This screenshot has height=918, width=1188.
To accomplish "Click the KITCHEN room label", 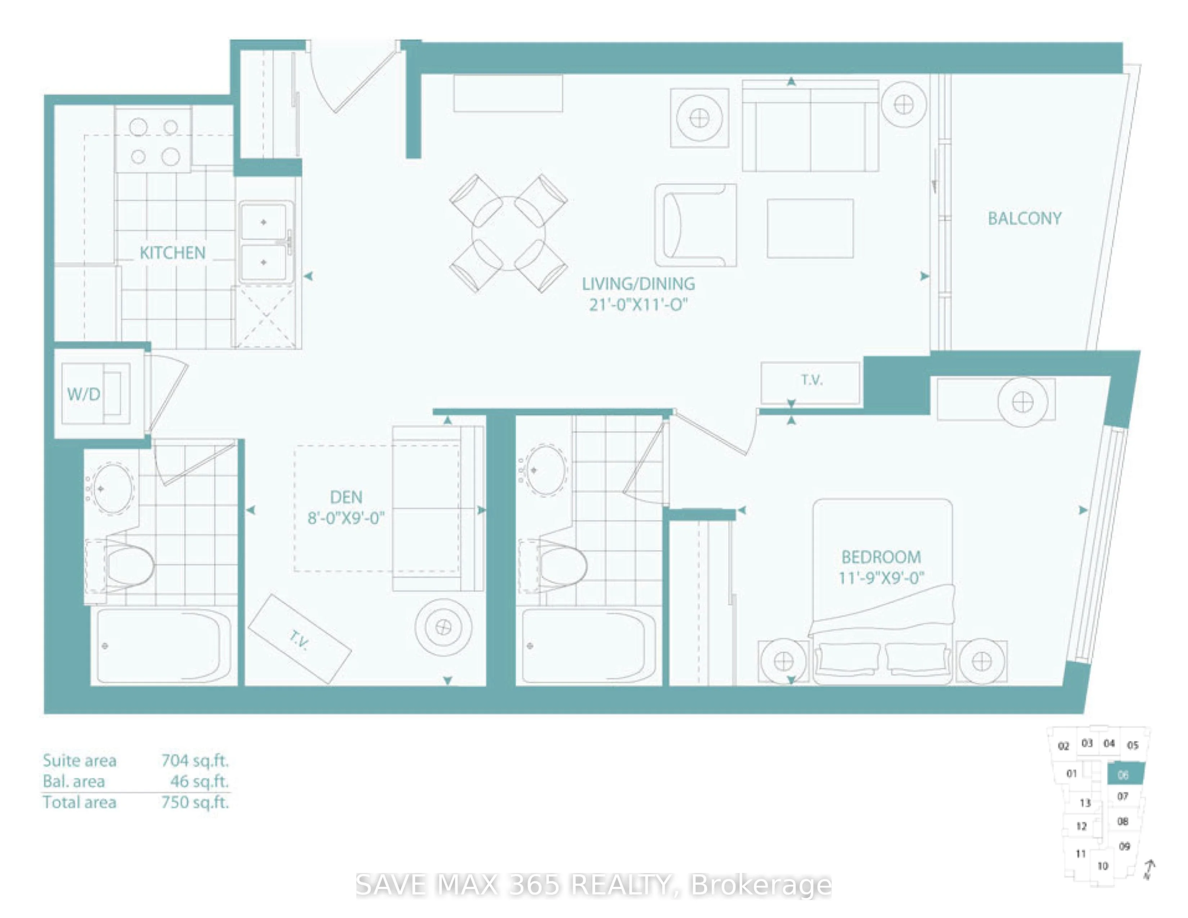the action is tap(172, 253).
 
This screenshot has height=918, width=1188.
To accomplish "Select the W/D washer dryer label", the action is tap(84, 394).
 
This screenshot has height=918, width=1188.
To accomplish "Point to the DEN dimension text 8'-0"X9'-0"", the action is tap(346, 517).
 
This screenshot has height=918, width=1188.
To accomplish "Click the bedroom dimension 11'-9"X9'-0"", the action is tap(881, 577).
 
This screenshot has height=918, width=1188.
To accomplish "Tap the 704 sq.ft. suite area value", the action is tap(195, 760).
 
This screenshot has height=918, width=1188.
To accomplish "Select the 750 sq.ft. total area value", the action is tap(195, 802).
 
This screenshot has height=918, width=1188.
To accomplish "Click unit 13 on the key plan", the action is tap(1085, 803).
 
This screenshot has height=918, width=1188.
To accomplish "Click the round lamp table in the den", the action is tap(443, 627).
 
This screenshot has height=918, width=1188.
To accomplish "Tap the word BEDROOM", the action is tap(881, 557).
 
